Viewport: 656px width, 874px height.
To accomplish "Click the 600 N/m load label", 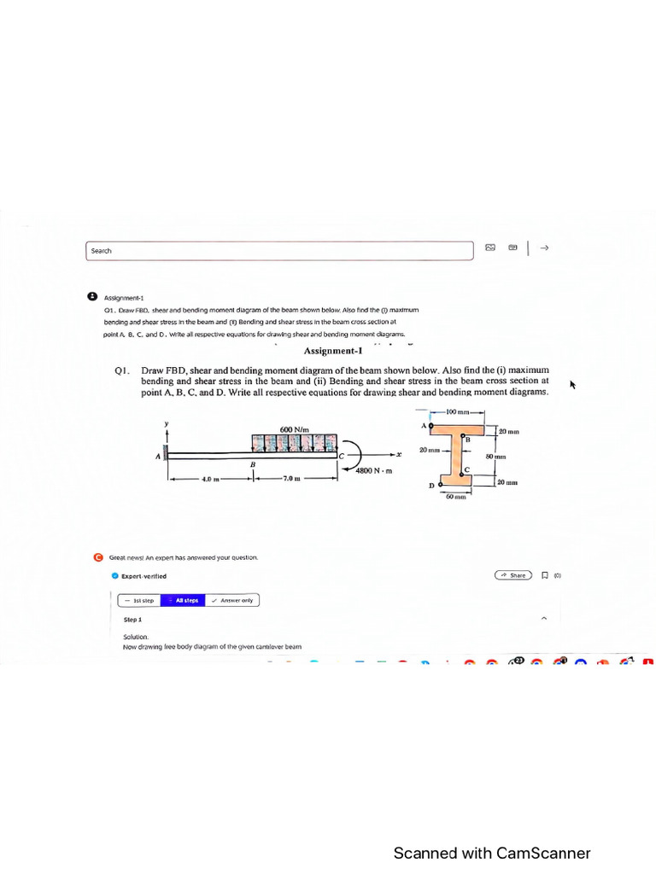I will pyautogui.click(x=294, y=428).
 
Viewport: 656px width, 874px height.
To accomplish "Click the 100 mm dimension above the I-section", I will pyautogui.click(x=460, y=412).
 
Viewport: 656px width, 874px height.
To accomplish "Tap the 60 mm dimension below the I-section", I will pyautogui.click(x=455, y=496).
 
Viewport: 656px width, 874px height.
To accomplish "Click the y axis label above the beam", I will pyautogui.click(x=167, y=423).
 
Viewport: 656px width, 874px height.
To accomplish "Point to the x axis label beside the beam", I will pyautogui.click(x=399, y=455).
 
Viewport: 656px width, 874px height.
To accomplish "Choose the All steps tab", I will pyautogui.click(x=185, y=600).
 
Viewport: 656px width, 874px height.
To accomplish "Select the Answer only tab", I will pyautogui.click(x=233, y=600).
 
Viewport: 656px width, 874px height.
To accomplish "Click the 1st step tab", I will pyautogui.click(x=139, y=600).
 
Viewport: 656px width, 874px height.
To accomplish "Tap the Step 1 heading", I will pyautogui.click(x=133, y=620).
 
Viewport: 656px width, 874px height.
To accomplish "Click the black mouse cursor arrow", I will pyautogui.click(x=573, y=385).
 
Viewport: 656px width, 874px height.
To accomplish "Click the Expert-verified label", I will pyautogui.click(x=143, y=576).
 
